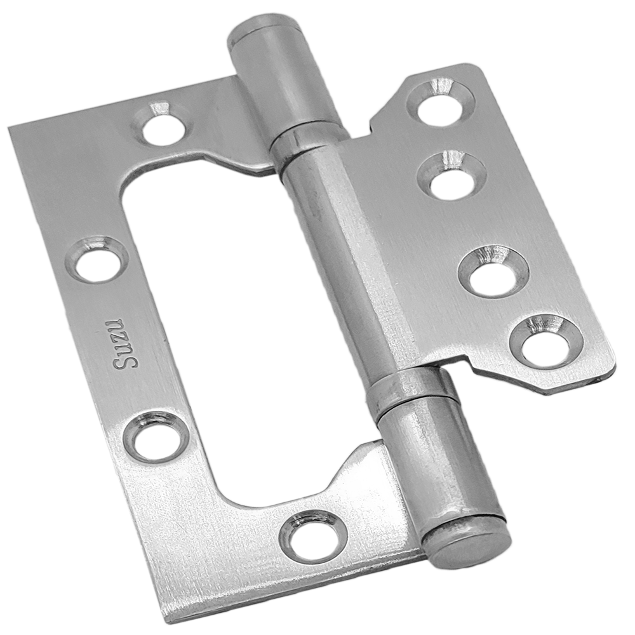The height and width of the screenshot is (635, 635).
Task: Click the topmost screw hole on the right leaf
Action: pyautogui.click(x=439, y=100)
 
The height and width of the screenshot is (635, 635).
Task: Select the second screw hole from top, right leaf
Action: pyautogui.click(x=451, y=175)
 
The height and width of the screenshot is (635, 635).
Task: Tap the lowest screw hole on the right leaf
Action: pyautogui.click(x=546, y=341)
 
